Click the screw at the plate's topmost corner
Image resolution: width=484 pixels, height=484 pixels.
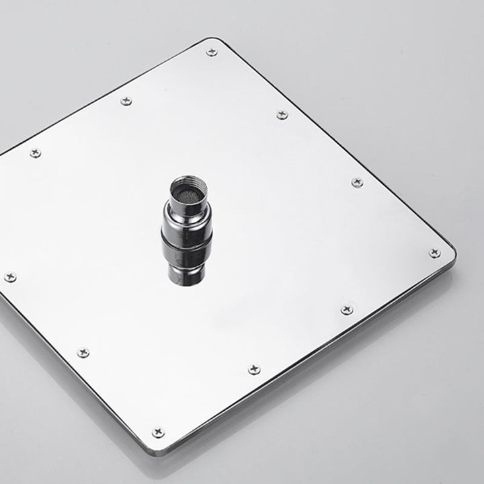click(212, 52)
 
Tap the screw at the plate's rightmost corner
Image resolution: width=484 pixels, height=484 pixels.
click(434, 253)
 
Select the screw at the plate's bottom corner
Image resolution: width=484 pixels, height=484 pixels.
click(158, 432)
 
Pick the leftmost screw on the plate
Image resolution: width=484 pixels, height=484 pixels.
click(10, 276)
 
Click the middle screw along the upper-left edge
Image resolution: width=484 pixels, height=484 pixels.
click(126, 101)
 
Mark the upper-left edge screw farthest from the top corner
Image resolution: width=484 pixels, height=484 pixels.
click(35, 153)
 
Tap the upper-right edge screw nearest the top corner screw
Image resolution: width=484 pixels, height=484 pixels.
click(282, 115)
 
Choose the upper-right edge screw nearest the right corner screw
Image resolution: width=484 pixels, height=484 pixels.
click(357, 182)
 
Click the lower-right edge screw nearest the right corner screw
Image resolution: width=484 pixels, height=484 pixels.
click(347, 309)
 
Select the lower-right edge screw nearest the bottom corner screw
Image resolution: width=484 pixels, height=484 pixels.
click(253, 369)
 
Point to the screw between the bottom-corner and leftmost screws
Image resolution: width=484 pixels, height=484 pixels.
click(83, 352)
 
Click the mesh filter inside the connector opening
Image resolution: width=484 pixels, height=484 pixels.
click(187, 194)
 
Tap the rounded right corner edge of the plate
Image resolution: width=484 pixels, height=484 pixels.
click(452, 253)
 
